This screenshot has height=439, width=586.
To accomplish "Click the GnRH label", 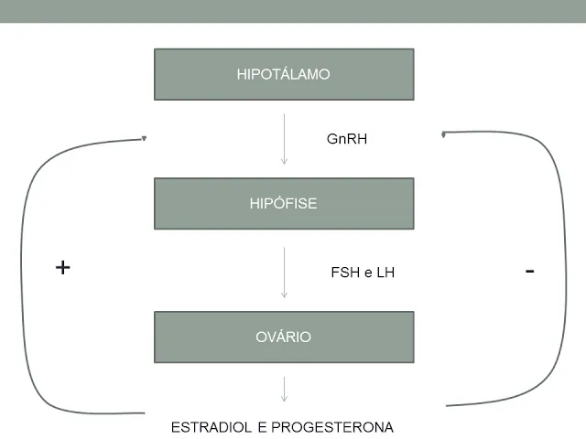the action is coord(347,140).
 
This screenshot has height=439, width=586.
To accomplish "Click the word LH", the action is coord(385,273).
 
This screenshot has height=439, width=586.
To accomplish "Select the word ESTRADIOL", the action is coord(212,427).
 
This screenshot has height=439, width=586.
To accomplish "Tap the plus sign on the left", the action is coord(62,267).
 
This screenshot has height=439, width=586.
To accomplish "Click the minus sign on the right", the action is coord(530,271).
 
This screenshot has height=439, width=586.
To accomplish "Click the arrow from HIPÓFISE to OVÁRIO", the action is coord(284,272).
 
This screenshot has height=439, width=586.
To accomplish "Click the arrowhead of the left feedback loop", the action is coord(143,139).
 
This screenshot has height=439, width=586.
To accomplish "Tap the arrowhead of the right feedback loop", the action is coord(444,134).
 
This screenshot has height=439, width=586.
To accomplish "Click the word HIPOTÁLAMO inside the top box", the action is coord(284,75).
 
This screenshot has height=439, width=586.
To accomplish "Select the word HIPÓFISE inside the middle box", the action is coord(284,203).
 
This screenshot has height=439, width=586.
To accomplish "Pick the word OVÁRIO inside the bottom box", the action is coord(284,337).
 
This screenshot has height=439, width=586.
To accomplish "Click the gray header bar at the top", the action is coord(293,11).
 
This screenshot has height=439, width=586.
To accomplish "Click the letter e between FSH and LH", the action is coord(368,273).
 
